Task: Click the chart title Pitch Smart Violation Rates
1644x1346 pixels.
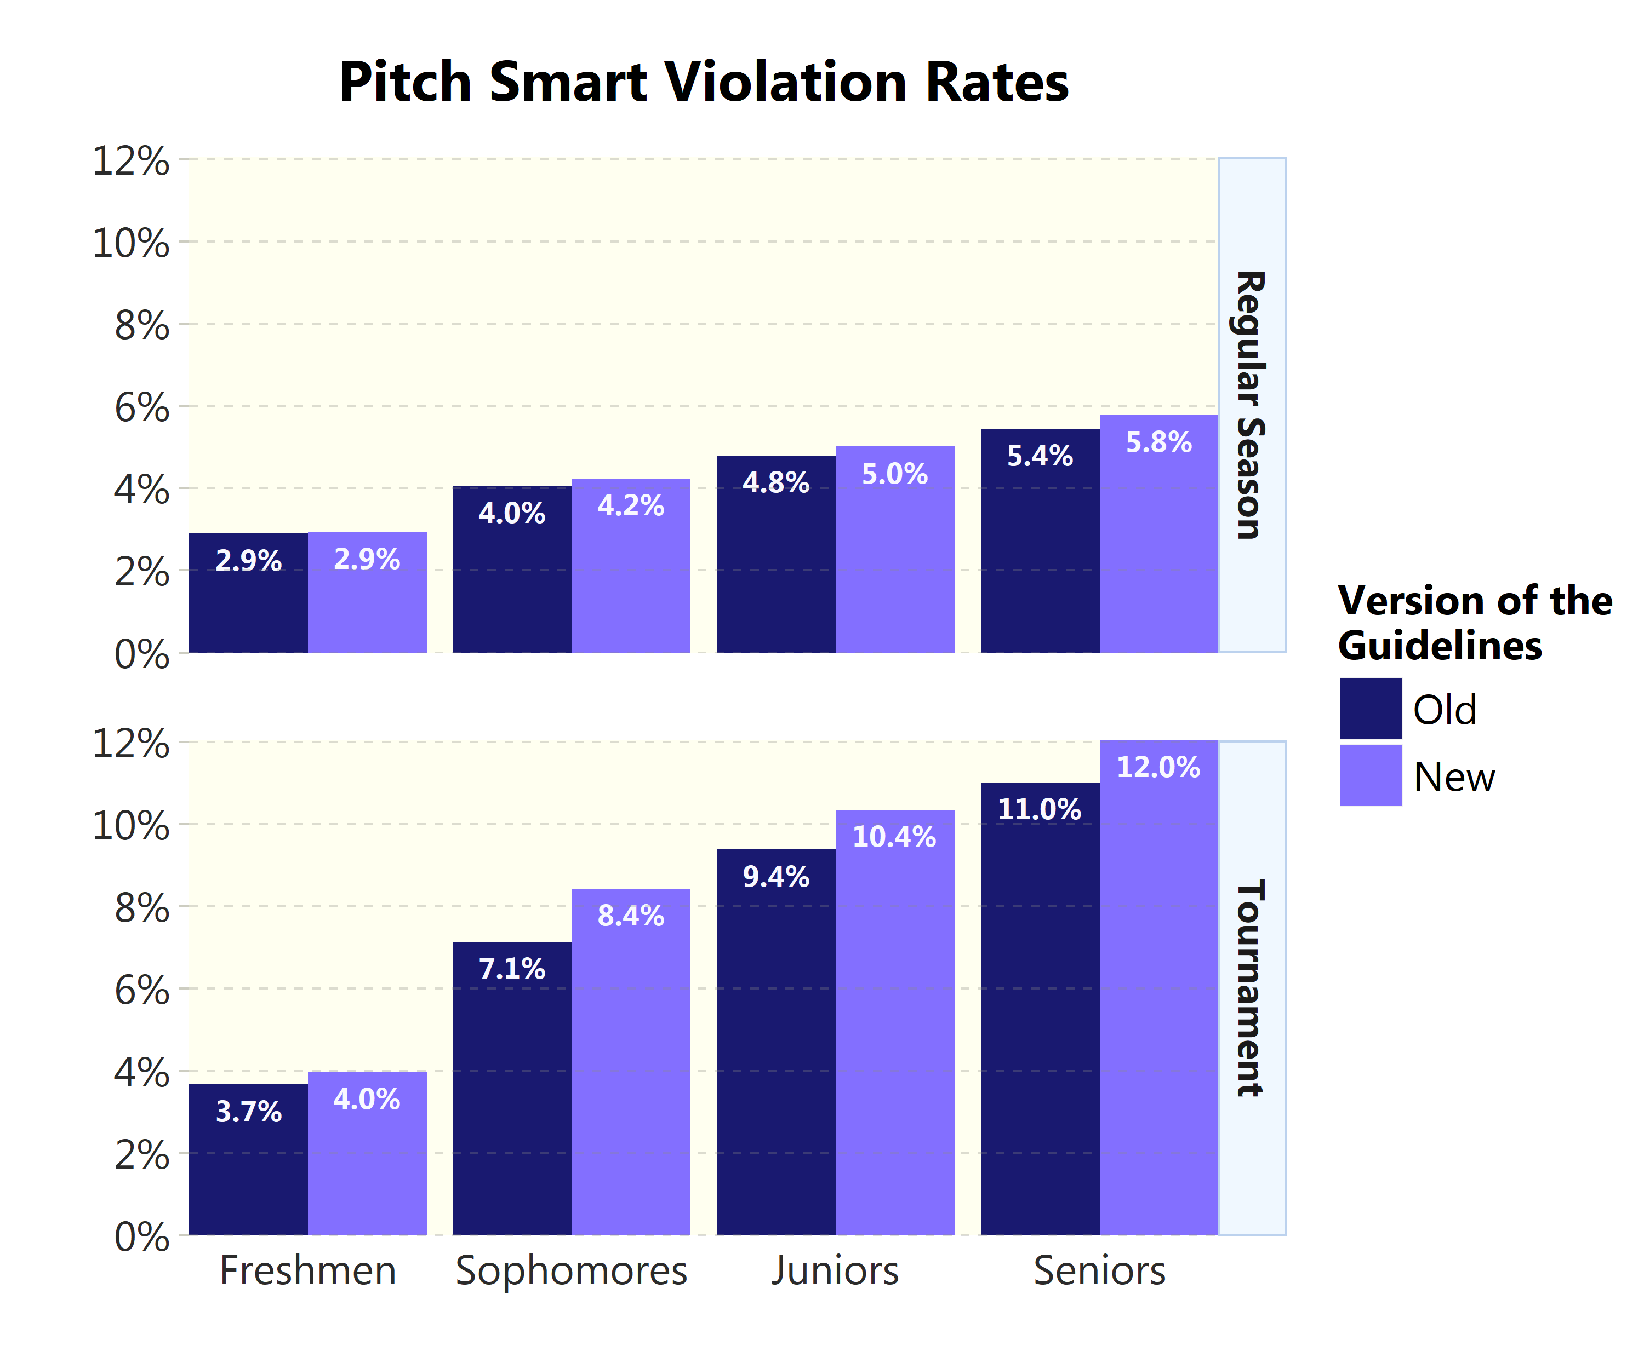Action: [x=703, y=82]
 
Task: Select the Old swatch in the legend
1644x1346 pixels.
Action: [x=1369, y=708]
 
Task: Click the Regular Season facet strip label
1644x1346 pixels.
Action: [x=1251, y=405]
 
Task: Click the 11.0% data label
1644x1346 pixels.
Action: [x=1039, y=809]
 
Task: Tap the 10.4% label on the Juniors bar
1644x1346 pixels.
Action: [x=894, y=837]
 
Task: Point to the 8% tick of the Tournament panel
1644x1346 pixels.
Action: [x=141, y=908]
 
